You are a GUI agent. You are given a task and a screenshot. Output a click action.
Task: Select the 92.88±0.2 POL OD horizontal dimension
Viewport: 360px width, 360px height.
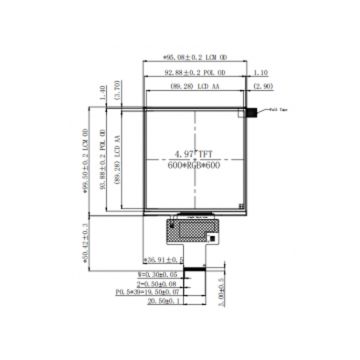[x=197, y=73]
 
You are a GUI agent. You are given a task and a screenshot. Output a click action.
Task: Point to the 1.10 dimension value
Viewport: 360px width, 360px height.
[x=262, y=73]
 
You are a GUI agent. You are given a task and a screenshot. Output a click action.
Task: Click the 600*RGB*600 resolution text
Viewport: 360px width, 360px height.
[x=196, y=166]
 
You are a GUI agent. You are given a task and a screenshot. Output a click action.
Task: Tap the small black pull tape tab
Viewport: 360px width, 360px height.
[x=264, y=113]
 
